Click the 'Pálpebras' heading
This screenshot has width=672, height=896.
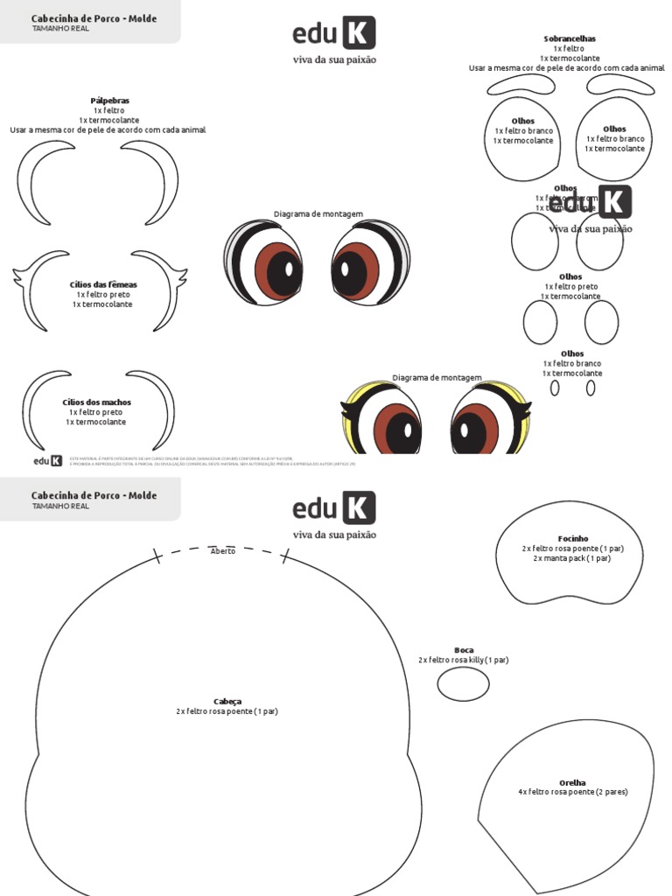[x=109, y=101]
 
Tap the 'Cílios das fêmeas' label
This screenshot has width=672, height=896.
[x=103, y=284]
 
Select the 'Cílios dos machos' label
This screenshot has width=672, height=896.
[x=97, y=402]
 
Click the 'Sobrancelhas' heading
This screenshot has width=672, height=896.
[x=570, y=39]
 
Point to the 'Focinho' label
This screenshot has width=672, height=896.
[x=573, y=538]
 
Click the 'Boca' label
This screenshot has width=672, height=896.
[x=464, y=650]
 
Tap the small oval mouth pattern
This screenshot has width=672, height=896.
[x=463, y=683]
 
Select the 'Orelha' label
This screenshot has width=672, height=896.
[x=572, y=782]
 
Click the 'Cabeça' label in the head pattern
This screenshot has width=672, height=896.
[x=227, y=702]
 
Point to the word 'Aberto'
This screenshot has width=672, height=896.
[x=223, y=551]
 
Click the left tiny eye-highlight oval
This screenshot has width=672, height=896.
[x=555, y=388]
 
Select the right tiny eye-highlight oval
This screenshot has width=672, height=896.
[x=591, y=388]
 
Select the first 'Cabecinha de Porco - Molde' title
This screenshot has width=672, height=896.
[x=94, y=18]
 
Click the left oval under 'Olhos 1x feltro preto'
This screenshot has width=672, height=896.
[x=540, y=322]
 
